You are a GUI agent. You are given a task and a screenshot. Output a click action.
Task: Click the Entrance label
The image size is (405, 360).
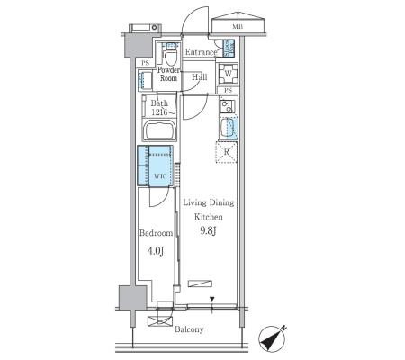(x=201, y=52)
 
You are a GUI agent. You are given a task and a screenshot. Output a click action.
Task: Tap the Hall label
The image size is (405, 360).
(x=200, y=77)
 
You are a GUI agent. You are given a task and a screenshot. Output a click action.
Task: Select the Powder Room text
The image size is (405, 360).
(x=168, y=74)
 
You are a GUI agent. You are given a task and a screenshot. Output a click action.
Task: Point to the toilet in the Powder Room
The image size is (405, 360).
(x=170, y=57)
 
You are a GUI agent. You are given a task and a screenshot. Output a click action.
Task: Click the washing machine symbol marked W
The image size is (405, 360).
(x=228, y=74)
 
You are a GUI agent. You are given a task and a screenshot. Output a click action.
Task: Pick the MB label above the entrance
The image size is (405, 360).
(x=238, y=27)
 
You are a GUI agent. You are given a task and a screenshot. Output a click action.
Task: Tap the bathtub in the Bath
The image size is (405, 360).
(x=159, y=130)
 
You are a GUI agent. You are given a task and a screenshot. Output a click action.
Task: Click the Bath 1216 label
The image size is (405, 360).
(x=159, y=108)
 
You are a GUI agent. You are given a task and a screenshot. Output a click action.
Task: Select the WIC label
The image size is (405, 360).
(x=160, y=176)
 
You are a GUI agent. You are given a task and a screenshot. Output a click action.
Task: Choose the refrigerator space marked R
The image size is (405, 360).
(x=227, y=152)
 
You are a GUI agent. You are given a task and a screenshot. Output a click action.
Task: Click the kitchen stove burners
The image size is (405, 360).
(x=227, y=106)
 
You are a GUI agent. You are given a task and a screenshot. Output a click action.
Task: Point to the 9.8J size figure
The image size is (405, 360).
(x=208, y=231)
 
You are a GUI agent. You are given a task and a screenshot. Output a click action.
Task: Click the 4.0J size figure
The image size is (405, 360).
(x=156, y=251)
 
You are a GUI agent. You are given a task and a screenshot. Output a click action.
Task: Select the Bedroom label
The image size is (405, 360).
(x=156, y=233)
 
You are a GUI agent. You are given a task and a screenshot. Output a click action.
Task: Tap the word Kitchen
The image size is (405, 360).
(x=209, y=217)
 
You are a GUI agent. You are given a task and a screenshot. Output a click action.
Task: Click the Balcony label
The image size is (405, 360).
(x=189, y=329)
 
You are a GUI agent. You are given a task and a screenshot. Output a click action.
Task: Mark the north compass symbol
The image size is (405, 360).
(x=271, y=339)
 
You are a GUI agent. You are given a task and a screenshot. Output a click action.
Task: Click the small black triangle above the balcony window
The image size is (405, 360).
(x=212, y=299)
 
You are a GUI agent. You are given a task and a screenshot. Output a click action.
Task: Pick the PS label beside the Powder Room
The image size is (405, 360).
(x=145, y=64)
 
